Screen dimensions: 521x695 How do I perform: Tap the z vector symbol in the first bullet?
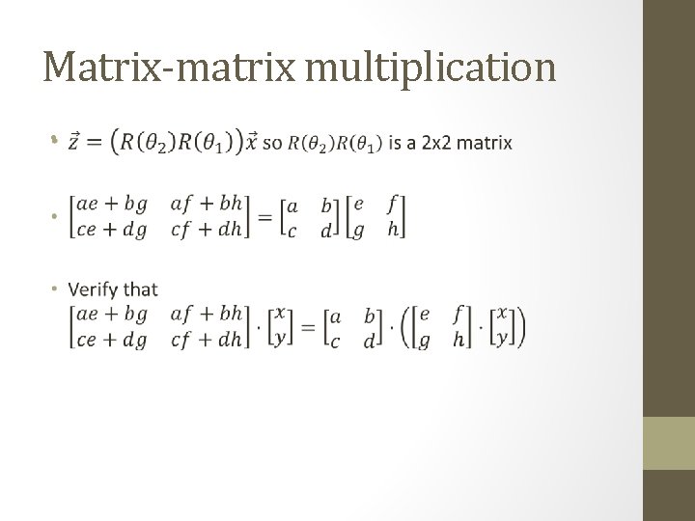click(73, 142)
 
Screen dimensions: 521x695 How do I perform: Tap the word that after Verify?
click(141, 288)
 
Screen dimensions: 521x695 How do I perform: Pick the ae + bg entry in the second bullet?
click(112, 204)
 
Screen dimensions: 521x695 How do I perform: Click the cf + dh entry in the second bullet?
click(206, 230)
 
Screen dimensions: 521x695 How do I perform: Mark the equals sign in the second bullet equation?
click(263, 216)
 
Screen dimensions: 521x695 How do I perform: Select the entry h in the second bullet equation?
click(392, 230)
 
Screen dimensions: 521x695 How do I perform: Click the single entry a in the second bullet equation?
click(292, 205)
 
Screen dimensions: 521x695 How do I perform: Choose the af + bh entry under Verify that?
click(206, 314)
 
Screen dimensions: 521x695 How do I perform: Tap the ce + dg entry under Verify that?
click(112, 340)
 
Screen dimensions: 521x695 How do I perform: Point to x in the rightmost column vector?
click(501, 315)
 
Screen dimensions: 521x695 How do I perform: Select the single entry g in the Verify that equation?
click(424, 341)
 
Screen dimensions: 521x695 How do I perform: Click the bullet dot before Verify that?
click(57, 288)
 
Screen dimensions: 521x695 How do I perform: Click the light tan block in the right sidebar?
click(668, 443)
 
